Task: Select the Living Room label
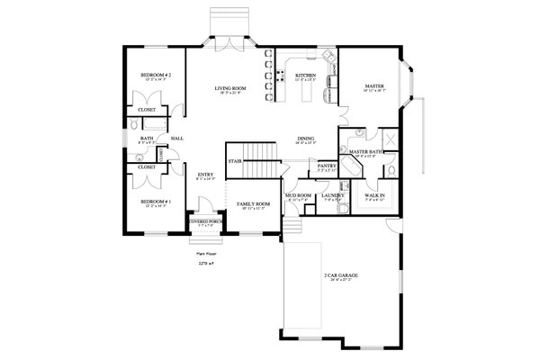pyautogui.click(x=230, y=88)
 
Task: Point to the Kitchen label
pyautogui.click(x=304, y=76)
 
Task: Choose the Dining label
pyautogui.click(x=306, y=139)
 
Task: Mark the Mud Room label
pyautogui.click(x=299, y=193)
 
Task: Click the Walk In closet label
pyautogui.click(x=375, y=193)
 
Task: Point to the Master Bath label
pyautogui.click(x=363, y=153)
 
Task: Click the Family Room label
pyautogui.click(x=254, y=205)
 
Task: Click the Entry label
pyautogui.click(x=205, y=175)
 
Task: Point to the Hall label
pyautogui.click(x=177, y=139)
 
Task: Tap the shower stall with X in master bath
pyautogui.click(x=391, y=139)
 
